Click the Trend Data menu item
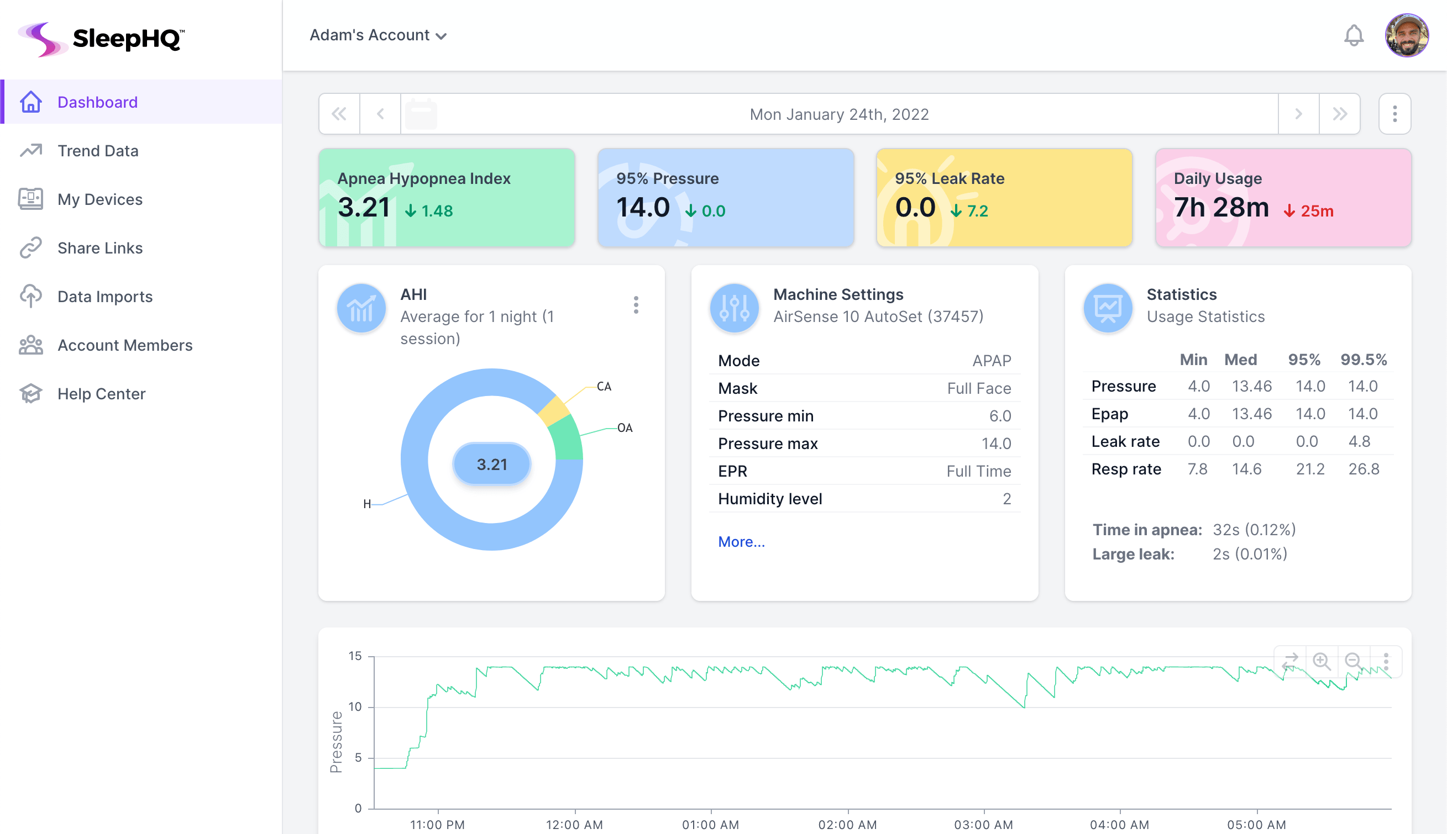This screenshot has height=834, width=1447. tap(97, 151)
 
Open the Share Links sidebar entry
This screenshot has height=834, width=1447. tap(99, 248)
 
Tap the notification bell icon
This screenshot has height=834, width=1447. tap(1353, 35)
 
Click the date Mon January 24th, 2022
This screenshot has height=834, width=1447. tap(838, 114)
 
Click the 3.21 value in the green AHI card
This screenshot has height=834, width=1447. tap(363, 207)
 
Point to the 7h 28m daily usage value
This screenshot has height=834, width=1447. tap(1220, 207)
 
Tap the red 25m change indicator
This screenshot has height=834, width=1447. tap(1309, 212)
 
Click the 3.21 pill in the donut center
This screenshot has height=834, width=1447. tap(492, 464)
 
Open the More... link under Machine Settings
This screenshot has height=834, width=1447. tap(741, 542)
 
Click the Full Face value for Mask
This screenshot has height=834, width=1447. tap(978, 388)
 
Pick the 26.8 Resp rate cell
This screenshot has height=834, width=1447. tap(1363, 469)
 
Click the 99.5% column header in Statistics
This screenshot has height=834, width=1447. tap(1363, 360)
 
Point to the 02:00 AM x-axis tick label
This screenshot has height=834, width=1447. tap(847, 825)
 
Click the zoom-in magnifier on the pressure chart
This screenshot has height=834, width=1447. tap(1321, 661)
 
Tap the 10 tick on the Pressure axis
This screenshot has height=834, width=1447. tap(355, 707)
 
